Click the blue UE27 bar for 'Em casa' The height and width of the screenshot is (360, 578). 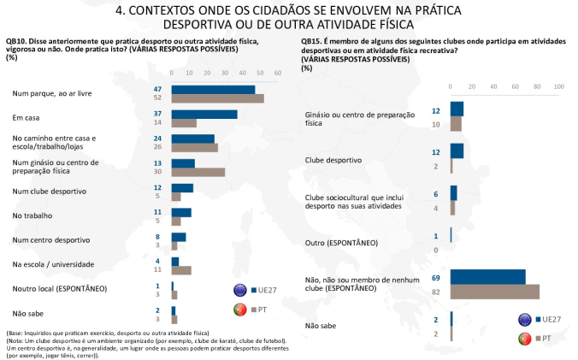pyautogui.click(x=204, y=115)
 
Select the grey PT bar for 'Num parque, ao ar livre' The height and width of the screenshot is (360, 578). pyautogui.click(x=218, y=98)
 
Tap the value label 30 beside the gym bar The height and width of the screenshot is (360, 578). pyautogui.click(x=158, y=171)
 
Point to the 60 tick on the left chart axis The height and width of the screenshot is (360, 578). pyautogui.click(x=278, y=73)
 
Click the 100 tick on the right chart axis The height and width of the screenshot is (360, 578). pyautogui.click(x=559, y=86)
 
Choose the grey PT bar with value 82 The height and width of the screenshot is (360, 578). pyautogui.click(x=495, y=292)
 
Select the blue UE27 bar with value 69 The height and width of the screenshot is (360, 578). pyautogui.click(x=488, y=277)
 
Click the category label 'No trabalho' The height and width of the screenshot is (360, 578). pyautogui.click(x=32, y=215)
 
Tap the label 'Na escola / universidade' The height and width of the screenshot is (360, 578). pyautogui.click(x=53, y=264)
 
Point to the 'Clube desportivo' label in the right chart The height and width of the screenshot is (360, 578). pyautogui.click(x=333, y=160)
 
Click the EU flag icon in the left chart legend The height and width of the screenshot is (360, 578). pyautogui.click(x=240, y=291)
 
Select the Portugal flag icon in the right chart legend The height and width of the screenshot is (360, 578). pyautogui.click(x=524, y=339)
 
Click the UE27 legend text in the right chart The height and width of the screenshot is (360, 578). pyautogui.click(x=551, y=320)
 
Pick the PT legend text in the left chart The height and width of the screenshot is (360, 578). pyautogui.click(x=262, y=310)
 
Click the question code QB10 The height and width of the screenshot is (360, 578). pyautogui.click(x=16, y=41)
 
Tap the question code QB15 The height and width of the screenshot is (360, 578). pyautogui.click(x=311, y=42)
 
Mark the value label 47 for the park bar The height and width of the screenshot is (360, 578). pyautogui.click(x=158, y=89)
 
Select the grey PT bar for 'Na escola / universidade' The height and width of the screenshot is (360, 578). pyautogui.click(x=181, y=270)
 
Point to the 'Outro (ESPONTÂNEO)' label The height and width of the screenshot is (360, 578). pyautogui.click(x=341, y=243)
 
